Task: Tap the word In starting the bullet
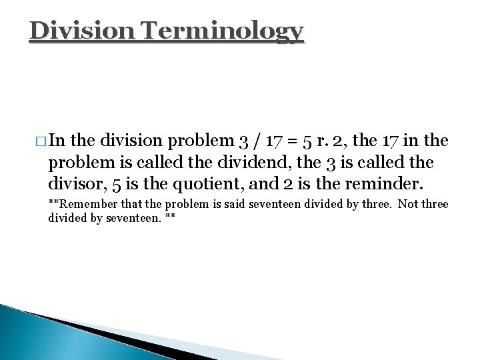(x=57, y=142)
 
